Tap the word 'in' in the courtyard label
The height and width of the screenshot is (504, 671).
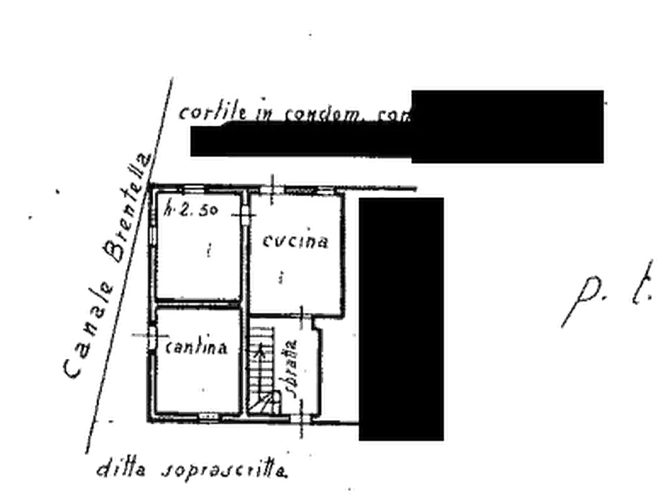(264, 114)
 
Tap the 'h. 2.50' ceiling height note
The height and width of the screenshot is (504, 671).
(190, 211)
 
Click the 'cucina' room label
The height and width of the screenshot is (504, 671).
(295, 242)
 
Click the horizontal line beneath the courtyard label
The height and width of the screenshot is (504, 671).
(316, 159)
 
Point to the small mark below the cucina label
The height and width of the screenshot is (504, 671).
(280, 275)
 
